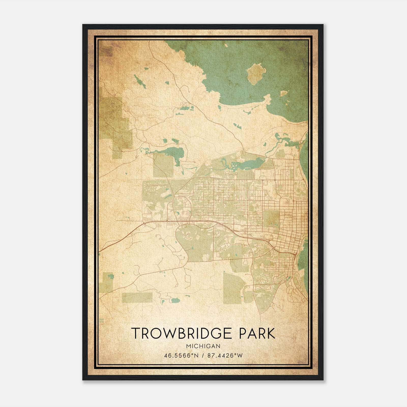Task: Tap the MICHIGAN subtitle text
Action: [x=203, y=346]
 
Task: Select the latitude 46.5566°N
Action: [x=181, y=356]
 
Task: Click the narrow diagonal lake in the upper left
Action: [x=140, y=82]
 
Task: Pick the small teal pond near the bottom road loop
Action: [x=176, y=300]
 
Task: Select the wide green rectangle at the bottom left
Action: [x=137, y=297]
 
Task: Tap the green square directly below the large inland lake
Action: [x=163, y=165]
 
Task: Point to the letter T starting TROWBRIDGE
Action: [x=135, y=333]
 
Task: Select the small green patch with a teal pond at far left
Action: [x=107, y=281]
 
